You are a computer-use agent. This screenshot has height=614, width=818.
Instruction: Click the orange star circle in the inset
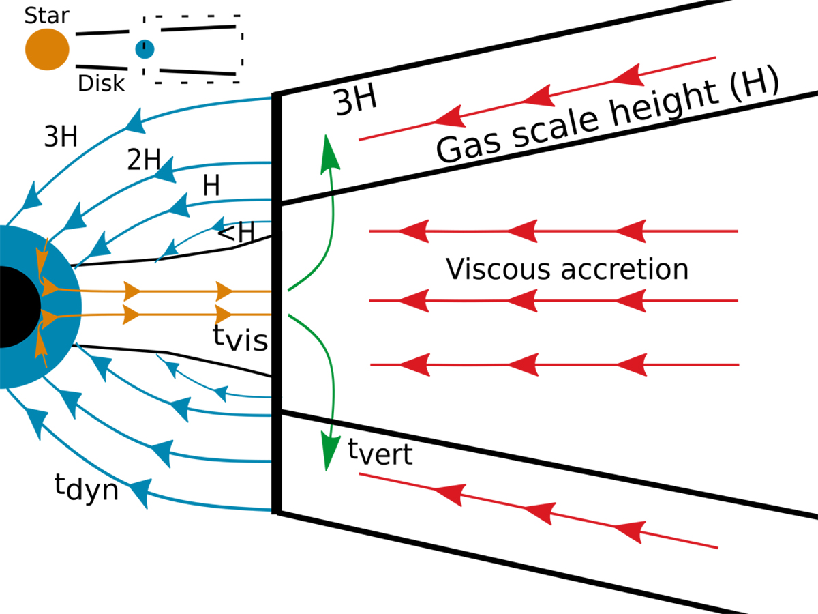[x=47, y=49]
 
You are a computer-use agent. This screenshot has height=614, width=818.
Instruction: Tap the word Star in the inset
[x=47, y=15]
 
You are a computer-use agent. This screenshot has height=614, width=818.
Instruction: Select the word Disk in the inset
[x=102, y=83]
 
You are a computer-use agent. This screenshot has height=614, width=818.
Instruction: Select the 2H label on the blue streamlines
[x=144, y=162]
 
